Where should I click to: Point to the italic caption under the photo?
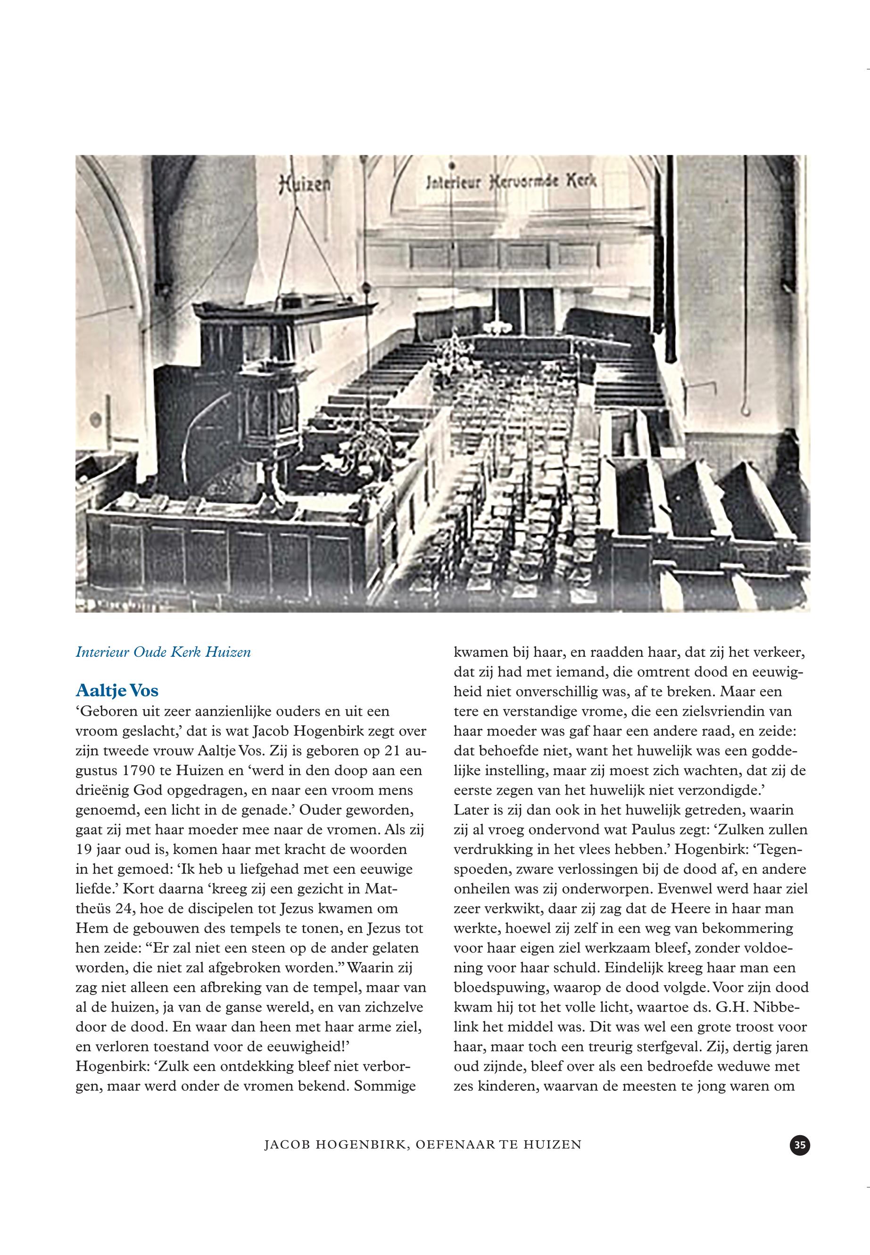tap(163, 653)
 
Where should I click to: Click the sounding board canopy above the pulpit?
tap(278, 310)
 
